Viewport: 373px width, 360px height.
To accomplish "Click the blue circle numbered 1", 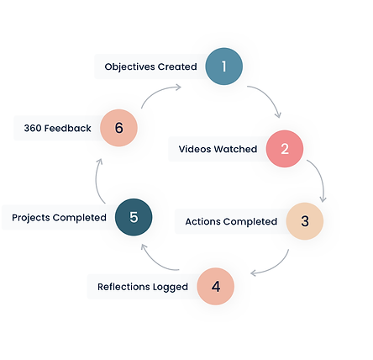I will [x=223, y=66].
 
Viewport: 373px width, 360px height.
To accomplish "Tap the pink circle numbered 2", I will [x=285, y=149].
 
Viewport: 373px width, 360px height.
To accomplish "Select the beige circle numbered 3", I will [x=305, y=221].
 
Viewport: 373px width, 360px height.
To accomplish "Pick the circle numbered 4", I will [x=216, y=286].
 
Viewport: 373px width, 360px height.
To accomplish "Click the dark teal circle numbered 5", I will [x=134, y=217].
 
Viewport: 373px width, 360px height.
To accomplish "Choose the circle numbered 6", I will [x=118, y=128].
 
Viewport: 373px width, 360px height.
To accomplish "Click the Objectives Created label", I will [x=151, y=66].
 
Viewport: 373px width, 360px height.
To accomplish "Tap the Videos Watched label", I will [x=218, y=150].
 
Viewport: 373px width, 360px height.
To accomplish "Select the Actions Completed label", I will [x=231, y=222].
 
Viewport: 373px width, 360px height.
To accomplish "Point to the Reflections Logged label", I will [x=142, y=287].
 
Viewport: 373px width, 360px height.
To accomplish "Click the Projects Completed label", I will [x=59, y=218].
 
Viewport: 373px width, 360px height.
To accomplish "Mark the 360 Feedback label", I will [x=57, y=129].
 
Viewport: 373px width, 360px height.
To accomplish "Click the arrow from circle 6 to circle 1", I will [x=162, y=93].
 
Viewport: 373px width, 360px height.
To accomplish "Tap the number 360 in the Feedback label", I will [x=34, y=129].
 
